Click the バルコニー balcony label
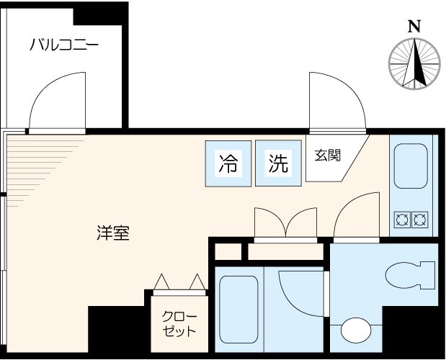[64, 46]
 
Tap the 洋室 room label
[113, 233]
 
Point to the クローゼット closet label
[178, 325]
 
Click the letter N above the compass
[414, 27]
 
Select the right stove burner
[419, 217]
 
